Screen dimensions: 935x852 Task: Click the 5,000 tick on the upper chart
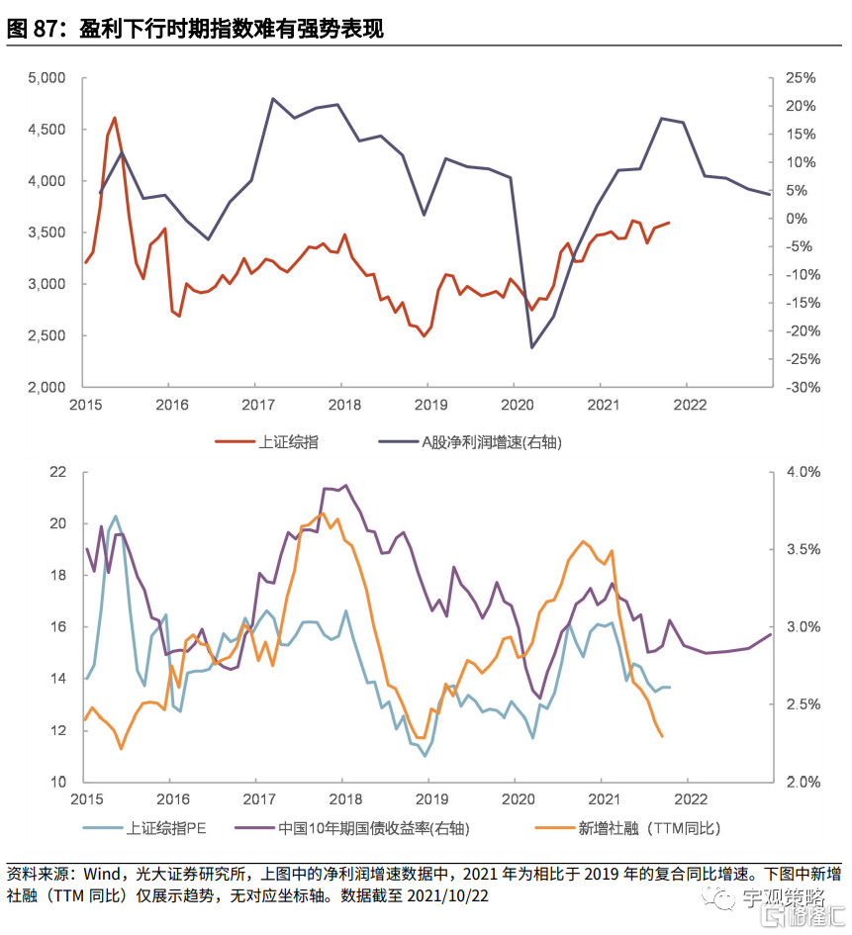[47, 78]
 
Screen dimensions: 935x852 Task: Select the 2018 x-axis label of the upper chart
[343, 405]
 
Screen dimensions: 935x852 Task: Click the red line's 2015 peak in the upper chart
[115, 118]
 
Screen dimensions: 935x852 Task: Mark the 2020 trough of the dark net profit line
[532, 346]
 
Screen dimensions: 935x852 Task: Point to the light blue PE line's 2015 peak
[116, 515]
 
